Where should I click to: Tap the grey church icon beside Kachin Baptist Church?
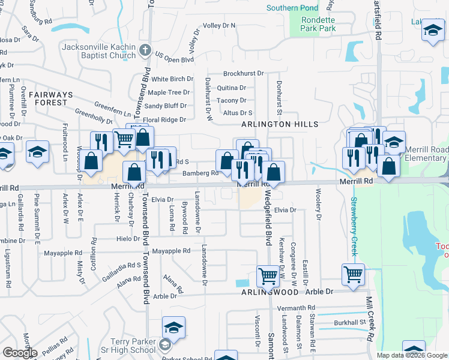pos(144,52)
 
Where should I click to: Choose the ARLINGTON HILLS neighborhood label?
pos(279,124)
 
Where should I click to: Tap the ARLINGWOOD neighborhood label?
pos(270,292)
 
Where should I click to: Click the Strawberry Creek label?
pos(354,226)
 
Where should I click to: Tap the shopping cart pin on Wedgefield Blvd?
pos(268,277)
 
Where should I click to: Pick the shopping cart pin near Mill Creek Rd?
pos(353,274)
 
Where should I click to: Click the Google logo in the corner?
pos(20,353)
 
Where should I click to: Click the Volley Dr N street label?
pos(219,26)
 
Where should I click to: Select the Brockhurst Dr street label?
pos(243,73)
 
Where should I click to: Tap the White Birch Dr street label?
pos(172,79)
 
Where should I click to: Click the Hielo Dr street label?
pos(128,239)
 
